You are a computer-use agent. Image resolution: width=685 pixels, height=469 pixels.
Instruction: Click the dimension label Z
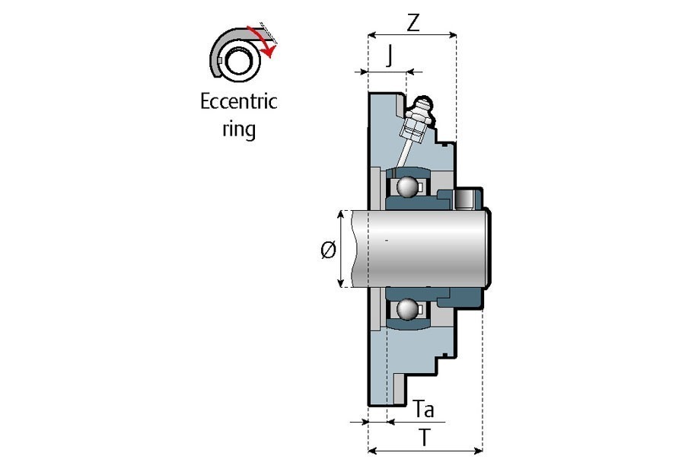[x=413, y=23]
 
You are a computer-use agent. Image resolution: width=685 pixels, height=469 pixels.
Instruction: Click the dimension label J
[x=390, y=56]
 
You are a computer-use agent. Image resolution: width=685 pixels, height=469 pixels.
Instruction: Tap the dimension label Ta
[x=425, y=410]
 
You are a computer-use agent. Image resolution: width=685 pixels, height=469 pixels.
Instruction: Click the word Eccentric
[x=238, y=102]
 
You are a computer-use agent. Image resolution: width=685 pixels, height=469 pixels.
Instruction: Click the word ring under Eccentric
[x=238, y=128]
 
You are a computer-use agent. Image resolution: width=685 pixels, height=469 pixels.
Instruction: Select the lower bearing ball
[x=407, y=310]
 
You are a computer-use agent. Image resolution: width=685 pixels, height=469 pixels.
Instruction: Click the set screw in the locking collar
[x=464, y=200]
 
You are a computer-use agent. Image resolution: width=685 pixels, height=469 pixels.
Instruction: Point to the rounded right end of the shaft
[x=488, y=249]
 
